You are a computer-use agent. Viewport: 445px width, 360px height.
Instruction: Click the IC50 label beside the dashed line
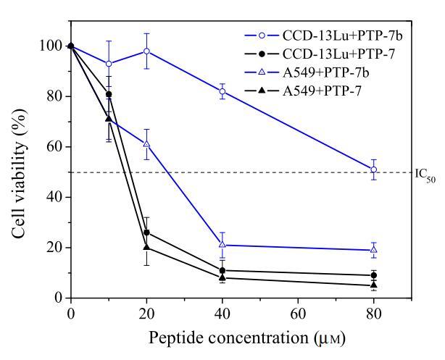coord(427,174)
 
